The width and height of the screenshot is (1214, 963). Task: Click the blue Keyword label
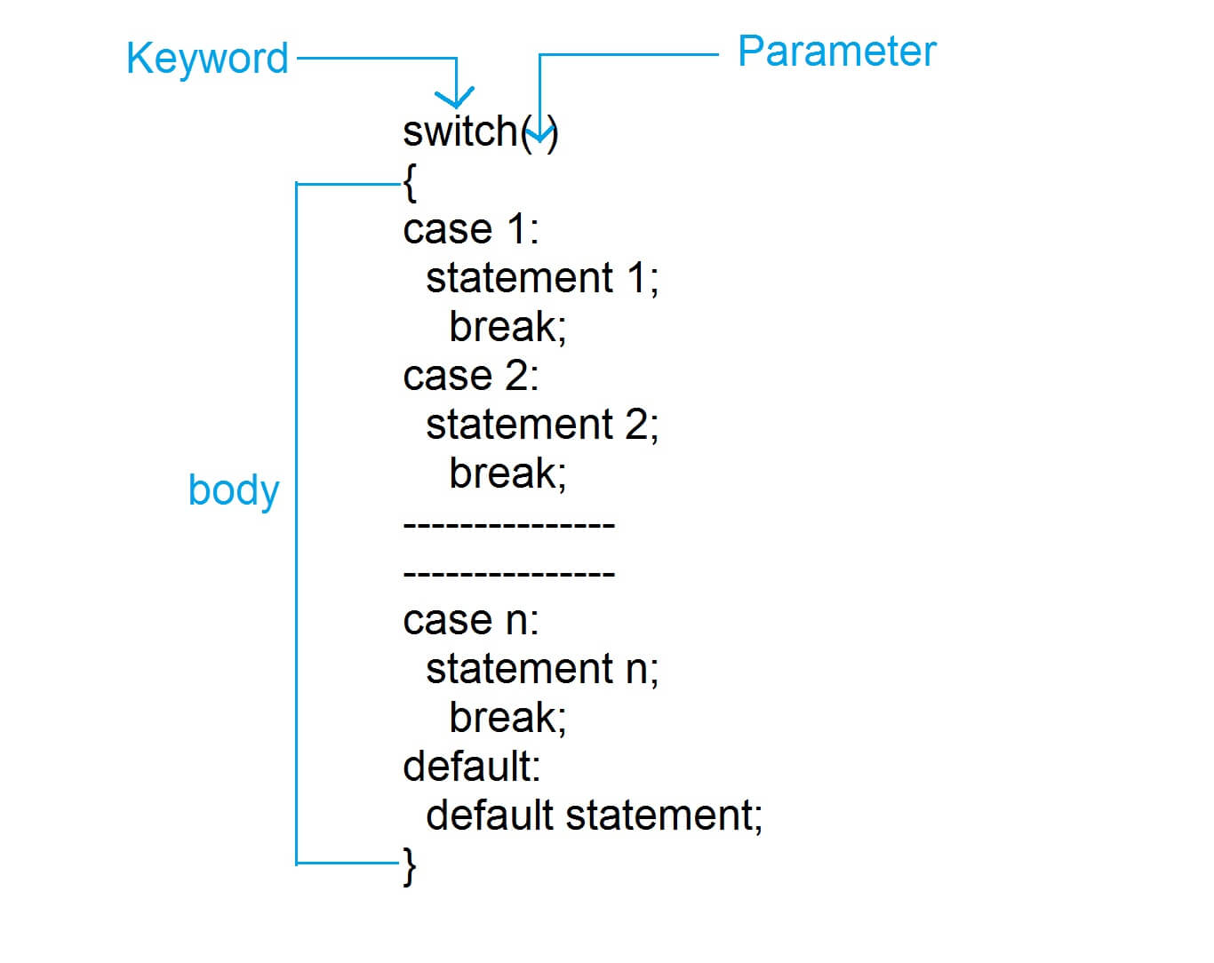207,60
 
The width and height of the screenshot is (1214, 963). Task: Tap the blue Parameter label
836,52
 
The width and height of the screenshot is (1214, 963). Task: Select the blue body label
234,489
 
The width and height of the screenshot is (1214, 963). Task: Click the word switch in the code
459,131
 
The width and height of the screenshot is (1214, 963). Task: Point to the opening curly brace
410,184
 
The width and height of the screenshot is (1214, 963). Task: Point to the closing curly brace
410,865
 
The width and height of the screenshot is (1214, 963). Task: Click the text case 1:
470,229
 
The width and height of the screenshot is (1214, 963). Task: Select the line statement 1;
541,278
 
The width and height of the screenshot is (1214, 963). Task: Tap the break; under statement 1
507,327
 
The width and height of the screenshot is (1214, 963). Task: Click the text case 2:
470,376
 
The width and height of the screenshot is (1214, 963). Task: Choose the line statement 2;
541,425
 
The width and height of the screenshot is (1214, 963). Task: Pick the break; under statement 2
507,474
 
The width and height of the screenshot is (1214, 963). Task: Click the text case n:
470,620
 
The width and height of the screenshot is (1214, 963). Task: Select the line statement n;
541,669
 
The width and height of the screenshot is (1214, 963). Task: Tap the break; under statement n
507,718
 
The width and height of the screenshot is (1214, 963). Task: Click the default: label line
471,767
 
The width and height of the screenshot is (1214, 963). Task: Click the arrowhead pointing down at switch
454,98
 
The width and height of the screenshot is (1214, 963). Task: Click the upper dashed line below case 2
508,525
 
